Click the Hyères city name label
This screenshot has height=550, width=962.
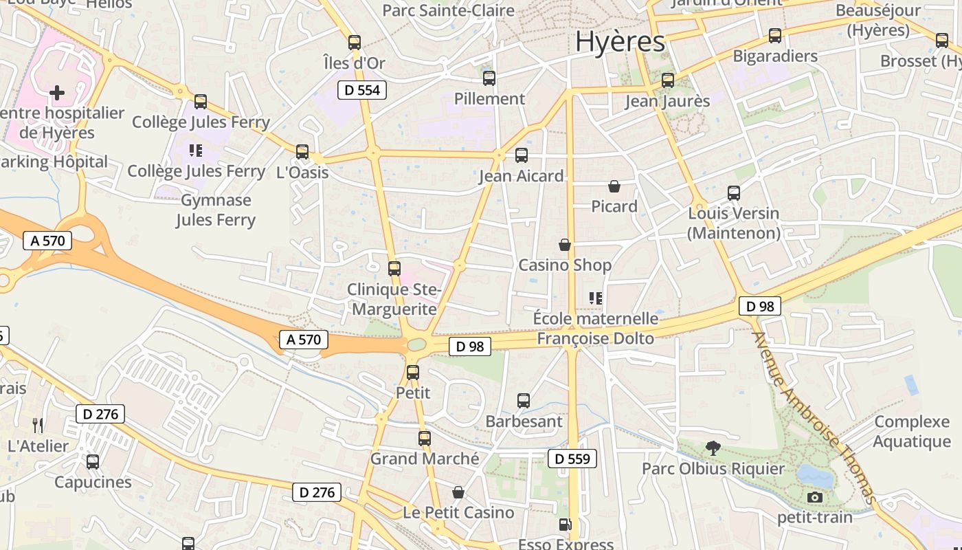(620, 41)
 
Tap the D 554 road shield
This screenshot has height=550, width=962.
(362, 90)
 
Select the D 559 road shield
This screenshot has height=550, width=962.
(572, 459)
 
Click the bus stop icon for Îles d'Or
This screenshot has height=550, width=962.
(355, 43)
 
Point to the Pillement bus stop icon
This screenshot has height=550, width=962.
(489, 78)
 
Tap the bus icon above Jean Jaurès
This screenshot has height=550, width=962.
(668, 80)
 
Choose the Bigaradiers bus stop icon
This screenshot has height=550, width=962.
(775, 36)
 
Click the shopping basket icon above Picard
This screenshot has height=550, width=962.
(614, 186)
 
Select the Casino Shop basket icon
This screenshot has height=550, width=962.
(565, 245)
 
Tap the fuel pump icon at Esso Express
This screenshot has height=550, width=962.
(565, 525)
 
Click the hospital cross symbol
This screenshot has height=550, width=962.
(57, 92)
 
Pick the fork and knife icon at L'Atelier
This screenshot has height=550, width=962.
(38, 426)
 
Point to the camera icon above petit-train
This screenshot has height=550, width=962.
(815, 497)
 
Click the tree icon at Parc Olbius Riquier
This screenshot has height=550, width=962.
(713, 448)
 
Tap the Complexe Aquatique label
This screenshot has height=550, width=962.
(912, 431)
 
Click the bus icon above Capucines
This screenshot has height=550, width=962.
(93, 462)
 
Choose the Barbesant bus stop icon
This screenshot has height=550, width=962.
(524, 401)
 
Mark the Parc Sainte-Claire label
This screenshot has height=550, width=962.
(448, 10)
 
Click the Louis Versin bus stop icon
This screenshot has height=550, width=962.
(734, 193)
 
